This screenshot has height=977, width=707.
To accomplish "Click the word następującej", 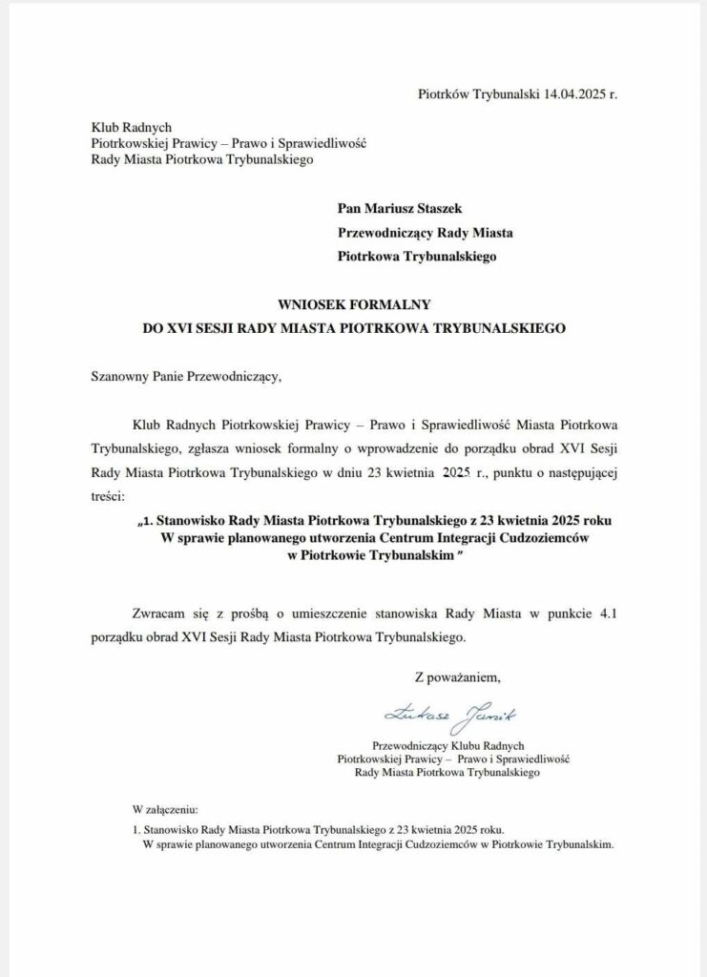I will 576,472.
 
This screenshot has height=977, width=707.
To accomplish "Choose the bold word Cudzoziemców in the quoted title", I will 532,538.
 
